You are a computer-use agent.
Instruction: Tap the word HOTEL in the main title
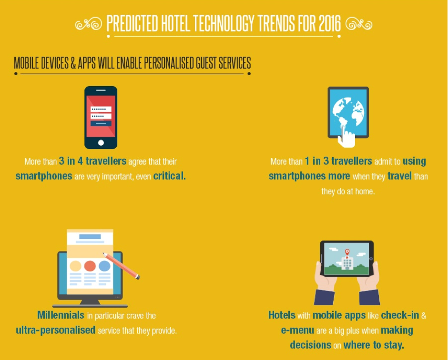pos(175,23)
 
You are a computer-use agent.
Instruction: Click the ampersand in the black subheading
pos(73,63)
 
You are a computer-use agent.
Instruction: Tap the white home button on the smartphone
pos(101,143)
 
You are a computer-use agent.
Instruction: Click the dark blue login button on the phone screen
pos(101,123)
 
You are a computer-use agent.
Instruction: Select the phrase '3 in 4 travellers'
pos(92,161)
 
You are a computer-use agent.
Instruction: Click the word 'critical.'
pos(169,176)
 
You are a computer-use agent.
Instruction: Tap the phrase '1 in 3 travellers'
pos(338,161)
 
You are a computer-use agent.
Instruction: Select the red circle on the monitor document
pos(90,266)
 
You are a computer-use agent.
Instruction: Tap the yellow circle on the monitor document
pos(75,266)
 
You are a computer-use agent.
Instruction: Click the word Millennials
pos(61,315)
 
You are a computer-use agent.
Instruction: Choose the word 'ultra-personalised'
pos(55,330)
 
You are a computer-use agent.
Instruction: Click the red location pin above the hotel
pos(347,252)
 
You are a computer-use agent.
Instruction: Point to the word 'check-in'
pos(400,315)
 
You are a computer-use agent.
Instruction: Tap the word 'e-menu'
pos(298,330)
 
